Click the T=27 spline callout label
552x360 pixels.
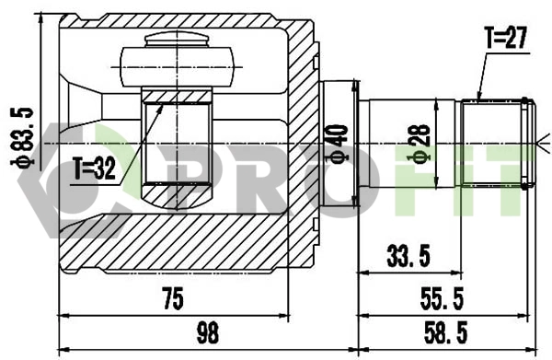point(504,39)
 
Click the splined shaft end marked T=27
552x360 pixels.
point(497,144)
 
